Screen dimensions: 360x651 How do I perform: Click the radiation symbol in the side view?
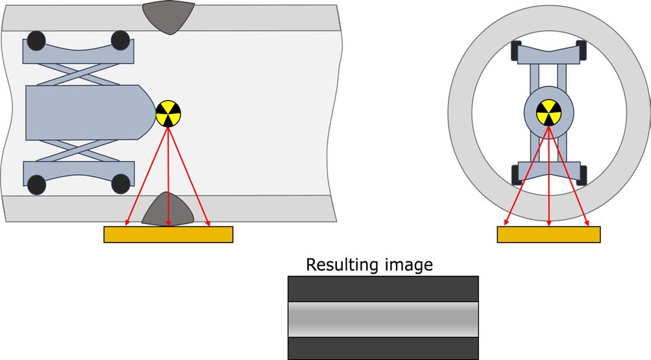click(x=168, y=114)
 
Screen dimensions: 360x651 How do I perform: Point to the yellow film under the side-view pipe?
click(x=168, y=234)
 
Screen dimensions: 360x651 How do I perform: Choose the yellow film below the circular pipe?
click(x=548, y=234)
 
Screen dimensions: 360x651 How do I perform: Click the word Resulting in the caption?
click(x=341, y=265)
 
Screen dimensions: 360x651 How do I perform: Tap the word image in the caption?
click(x=408, y=265)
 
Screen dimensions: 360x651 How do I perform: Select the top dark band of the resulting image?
click(x=383, y=289)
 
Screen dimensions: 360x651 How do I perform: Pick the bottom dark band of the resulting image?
click(x=383, y=348)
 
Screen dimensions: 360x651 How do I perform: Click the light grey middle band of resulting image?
click(x=383, y=319)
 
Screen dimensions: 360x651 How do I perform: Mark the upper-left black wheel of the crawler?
click(x=36, y=41)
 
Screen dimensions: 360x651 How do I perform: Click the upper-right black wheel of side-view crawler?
click(x=121, y=41)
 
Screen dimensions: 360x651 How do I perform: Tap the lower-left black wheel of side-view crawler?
click(x=36, y=184)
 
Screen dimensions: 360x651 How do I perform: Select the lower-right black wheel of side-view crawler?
click(x=121, y=184)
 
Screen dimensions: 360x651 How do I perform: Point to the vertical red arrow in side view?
click(x=168, y=175)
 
